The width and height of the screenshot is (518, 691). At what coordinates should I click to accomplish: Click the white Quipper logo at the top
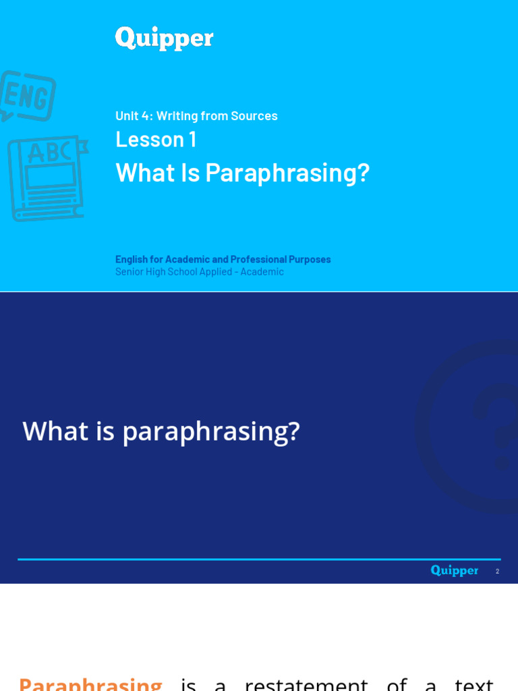(164, 38)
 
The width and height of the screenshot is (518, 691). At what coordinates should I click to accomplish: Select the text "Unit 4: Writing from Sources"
(196, 116)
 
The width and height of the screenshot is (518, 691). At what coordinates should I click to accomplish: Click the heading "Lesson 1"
(156, 139)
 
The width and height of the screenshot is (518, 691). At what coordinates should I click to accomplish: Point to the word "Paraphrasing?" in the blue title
(287, 173)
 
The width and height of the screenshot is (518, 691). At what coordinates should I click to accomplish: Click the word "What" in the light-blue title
(138, 173)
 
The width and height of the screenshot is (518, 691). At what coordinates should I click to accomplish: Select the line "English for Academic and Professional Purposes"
(223, 259)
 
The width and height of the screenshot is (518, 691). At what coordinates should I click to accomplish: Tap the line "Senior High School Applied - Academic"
(199, 272)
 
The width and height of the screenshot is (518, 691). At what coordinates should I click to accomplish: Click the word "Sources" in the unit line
(254, 116)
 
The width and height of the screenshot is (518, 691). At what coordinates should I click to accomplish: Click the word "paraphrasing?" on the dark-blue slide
(210, 432)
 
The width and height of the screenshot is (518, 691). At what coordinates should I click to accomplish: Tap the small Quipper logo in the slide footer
(454, 571)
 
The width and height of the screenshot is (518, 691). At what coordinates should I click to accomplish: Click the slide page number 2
(497, 572)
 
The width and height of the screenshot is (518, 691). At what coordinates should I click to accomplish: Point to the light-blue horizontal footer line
(259, 559)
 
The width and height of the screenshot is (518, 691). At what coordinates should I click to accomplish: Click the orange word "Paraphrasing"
(90, 683)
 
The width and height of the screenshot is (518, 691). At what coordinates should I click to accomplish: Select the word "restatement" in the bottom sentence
(306, 683)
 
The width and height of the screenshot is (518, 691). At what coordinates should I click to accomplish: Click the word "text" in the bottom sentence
(473, 683)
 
